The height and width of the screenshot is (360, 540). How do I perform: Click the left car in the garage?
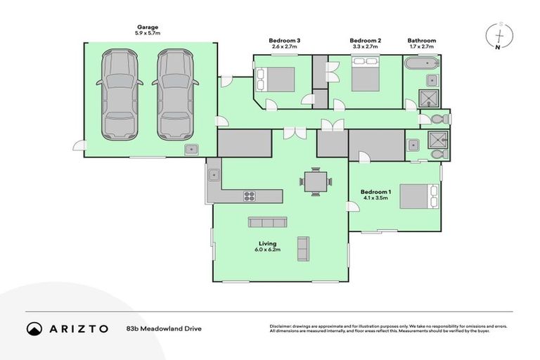[x=117, y=94]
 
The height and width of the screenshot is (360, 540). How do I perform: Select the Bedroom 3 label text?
[x=285, y=41]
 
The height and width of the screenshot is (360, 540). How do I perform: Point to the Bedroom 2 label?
[x=365, y=41]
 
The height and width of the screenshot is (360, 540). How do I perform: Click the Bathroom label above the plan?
[x=421, y=41]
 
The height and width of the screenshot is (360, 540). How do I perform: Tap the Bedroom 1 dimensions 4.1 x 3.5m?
[x=375, y=198]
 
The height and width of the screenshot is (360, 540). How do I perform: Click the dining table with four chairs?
[x=314, y=181]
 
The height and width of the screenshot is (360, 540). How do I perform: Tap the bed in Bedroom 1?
[x=420, y=196]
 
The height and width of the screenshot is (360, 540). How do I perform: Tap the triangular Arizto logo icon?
[x=34, y=328]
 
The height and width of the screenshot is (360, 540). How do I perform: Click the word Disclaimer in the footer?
[x=281, y=326]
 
